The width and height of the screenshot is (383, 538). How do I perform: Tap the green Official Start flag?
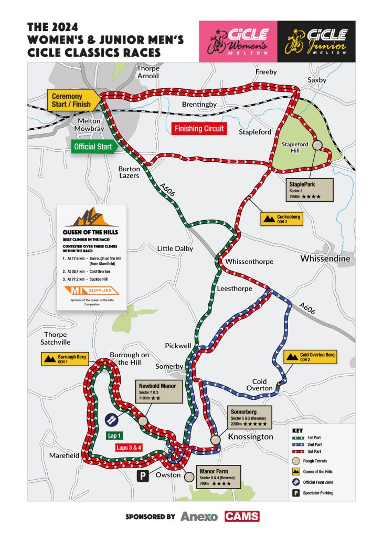93,147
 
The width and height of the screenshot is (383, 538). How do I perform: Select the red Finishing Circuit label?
199,129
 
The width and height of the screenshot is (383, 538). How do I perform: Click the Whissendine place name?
324,259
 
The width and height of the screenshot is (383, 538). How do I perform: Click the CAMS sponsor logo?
242,516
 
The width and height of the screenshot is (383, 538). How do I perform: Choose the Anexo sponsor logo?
199,516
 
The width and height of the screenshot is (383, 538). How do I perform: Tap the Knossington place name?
250,437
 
